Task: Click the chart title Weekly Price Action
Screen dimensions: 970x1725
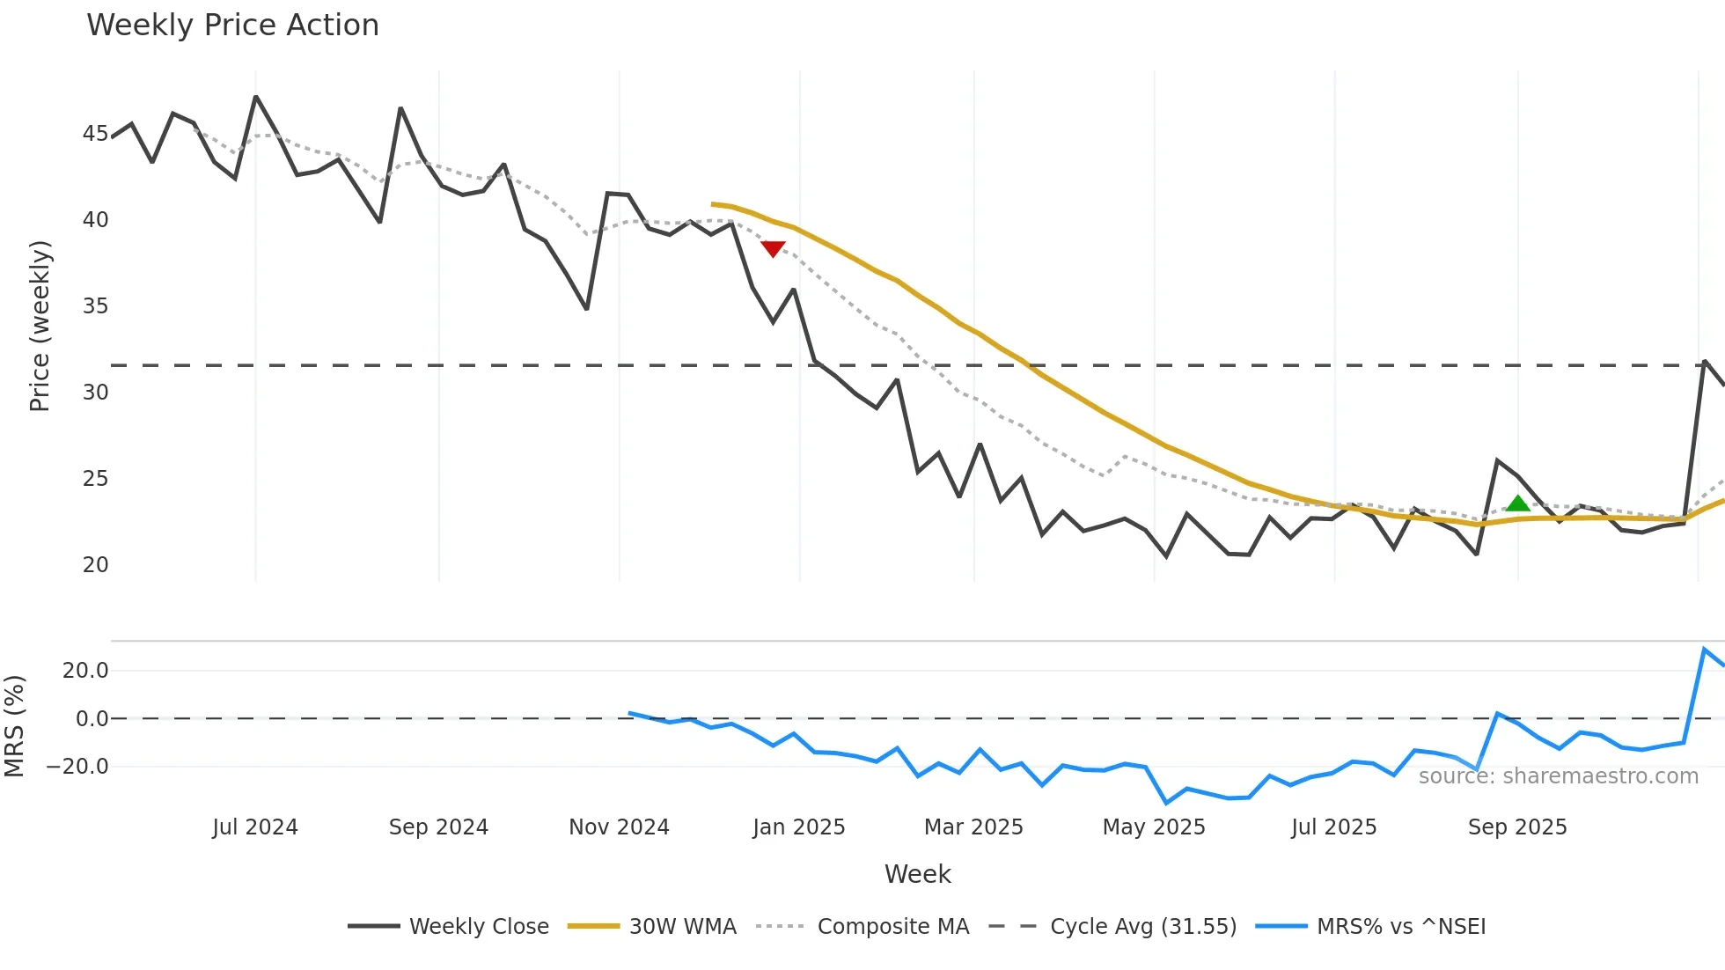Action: pyautogui.click(x=232, y=26)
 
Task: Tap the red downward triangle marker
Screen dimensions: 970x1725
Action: pyautogui.click(x=773, y=249)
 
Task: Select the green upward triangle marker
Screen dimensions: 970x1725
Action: pyautogui.click(x=1517, y=503)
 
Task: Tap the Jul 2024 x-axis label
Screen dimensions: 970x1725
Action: pyautogui.click(x=255, y=827)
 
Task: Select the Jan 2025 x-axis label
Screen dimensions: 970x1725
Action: pyautogui.click(x=798, y=827)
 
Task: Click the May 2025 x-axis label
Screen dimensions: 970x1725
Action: pyautogui.click(x=1154, y=827)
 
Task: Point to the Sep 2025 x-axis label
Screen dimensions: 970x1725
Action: pyautogui.click(x=1517, y=827)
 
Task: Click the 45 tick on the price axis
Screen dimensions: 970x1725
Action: pyautogui.click(x=95, y=134)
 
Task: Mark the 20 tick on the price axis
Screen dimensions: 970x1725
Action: pyautogui.click(x=95, y=565)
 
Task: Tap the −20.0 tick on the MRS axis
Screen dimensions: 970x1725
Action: pyautogui.click(x=77, y=767)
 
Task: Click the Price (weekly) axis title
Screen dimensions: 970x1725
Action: pyautogui.click(x=40, y=326)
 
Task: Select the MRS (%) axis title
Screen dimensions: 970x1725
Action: pyautogui.click(x=14, y=726)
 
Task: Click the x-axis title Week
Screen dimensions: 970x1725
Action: pyautogui.click(x=917, y=874)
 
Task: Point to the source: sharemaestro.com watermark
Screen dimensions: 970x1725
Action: pyautogui.click(x=1558, y=776)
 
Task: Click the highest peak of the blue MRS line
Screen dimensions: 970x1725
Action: pyautogui.click(x=1704, y=650)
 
